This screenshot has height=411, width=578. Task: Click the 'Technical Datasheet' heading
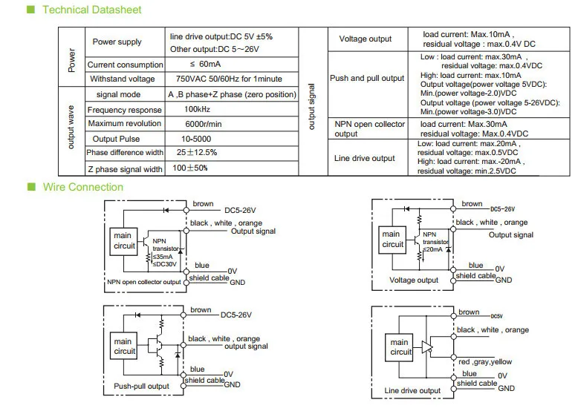(x=92, y=10)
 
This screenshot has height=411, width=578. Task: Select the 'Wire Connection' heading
(x=83, y=187)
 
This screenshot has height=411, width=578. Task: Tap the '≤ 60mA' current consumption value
(x=205, y=64)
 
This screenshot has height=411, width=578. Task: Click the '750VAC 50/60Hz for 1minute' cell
(x=229, y=79)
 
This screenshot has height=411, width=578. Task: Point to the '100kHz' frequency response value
(x=197, y=109)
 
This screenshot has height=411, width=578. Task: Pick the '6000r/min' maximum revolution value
(x=204, y=124)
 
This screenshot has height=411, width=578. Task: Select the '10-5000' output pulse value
(x=196, y=139)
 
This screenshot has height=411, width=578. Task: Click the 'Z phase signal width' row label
(x=125, y=169)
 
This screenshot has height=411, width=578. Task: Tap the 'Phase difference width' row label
(x=125, y=152)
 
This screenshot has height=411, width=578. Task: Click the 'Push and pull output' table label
(x=367, y=78)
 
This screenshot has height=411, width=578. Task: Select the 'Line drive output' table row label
(x=365, y=158)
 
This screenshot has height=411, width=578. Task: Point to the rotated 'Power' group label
(x=71, y=60)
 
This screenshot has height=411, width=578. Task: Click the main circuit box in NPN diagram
(x=124, y=241)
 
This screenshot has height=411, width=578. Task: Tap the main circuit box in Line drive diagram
(x=399, y=348)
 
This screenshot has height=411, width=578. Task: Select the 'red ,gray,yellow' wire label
(x=485, y=362)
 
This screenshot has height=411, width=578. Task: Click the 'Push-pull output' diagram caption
(x=142, y=386)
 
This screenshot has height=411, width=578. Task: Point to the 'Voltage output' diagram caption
(x=414, y=280)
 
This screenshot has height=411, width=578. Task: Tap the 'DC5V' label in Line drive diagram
(x=496, y=317)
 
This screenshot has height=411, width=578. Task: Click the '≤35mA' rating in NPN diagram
(x=163, y=257)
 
